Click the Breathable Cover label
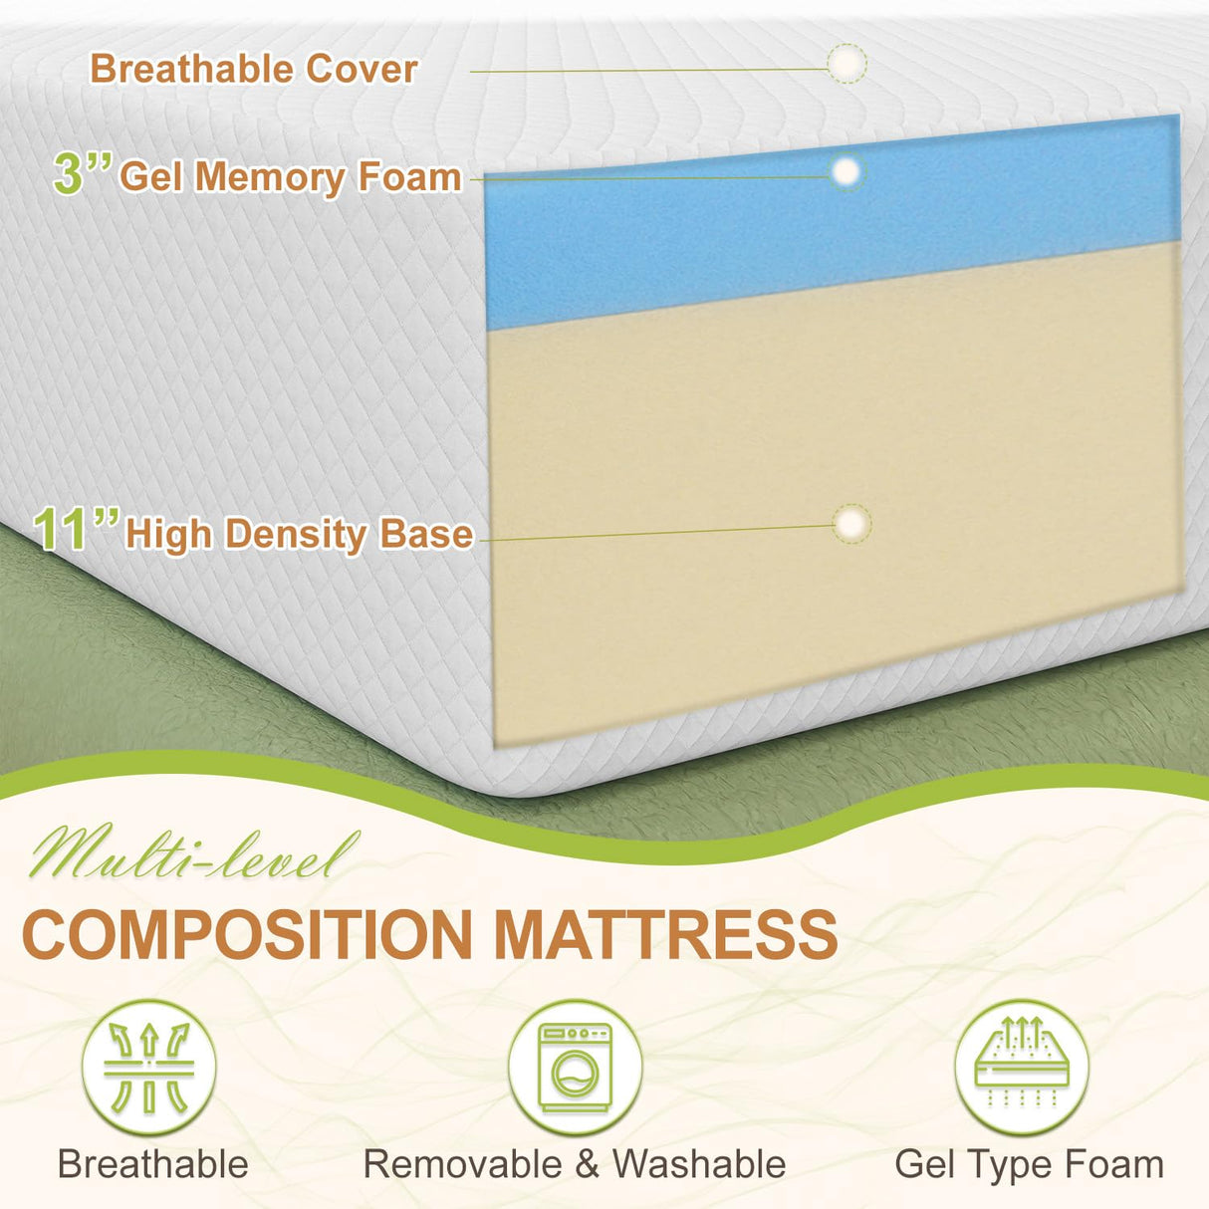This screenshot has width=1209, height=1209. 253,70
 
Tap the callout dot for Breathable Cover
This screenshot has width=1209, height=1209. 846,64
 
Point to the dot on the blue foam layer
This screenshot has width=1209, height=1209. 846,172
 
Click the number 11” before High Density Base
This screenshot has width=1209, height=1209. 76,530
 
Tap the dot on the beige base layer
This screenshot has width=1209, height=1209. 851,524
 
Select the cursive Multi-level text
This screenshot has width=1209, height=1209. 193,854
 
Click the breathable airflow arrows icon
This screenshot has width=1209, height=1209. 148,1068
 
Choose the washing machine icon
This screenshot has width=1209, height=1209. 575,1068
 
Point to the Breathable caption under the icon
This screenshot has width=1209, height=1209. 152,1164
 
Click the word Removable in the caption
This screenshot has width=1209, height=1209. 462,1164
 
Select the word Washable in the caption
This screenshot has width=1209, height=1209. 698,1164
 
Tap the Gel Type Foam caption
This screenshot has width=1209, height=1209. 1029,1164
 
